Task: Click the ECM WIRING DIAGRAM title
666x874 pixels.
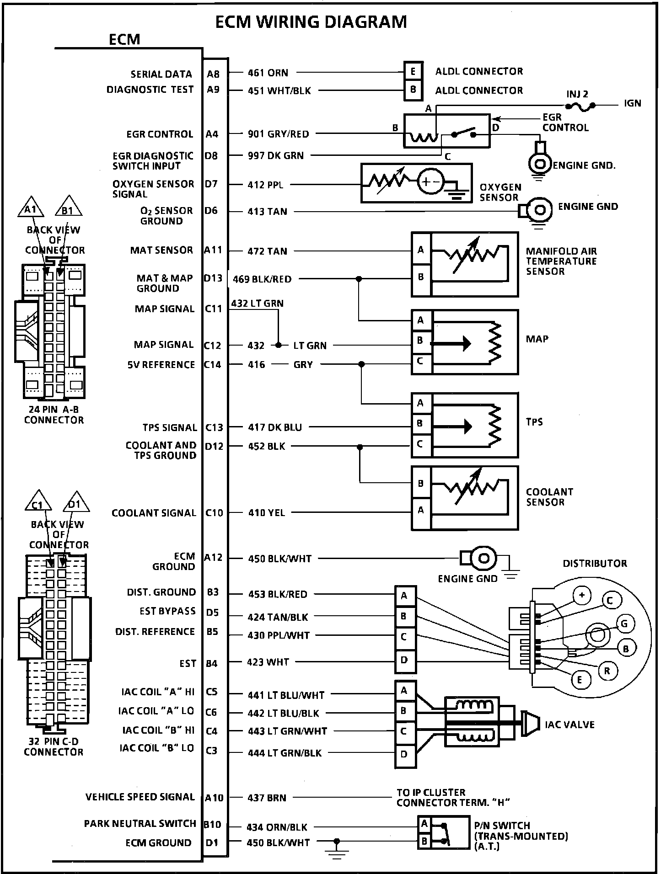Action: pyautogui.click(x=311, y=22)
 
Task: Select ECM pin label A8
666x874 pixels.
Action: pyautogui.click(x=213, y=74)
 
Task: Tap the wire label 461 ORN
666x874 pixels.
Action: pyautogui.click(x=268, y=73)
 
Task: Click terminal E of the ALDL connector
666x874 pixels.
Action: pyautogui.click(x=413, y=71)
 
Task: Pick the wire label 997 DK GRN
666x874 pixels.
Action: pyautogui.click(x=276, y=155)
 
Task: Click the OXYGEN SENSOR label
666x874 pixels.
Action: pyautogui.click(x=500, y=192)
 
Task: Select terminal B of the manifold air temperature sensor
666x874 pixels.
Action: pyautogui.click(x=421, y=277)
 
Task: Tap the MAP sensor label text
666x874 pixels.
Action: pyautogui.click(x=537, y=339)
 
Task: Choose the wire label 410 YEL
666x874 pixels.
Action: pyautogui.click(x=267, y=513)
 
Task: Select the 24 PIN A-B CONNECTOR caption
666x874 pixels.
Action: pyautogui.click(x=54, y=415)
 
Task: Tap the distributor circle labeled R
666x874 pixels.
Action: pyautogui.click(x=607, y=671)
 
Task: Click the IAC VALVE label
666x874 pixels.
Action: pyautogui.click(x=569, y=725)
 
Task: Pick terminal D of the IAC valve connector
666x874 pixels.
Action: pyautogui.click(x=404, y=754)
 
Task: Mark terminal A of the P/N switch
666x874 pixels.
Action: pyautogui.click(x=424, y=824)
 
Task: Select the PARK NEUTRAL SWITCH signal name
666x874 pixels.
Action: pyautogui.click(x=140, y=824)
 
